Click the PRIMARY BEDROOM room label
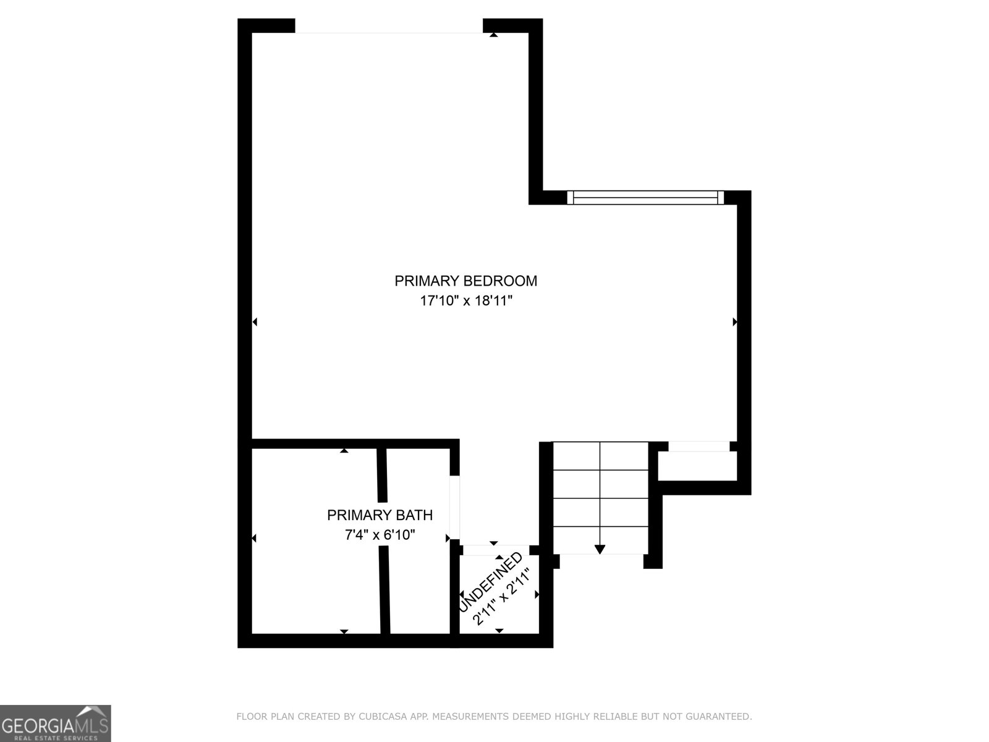465,281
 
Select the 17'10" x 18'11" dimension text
467,301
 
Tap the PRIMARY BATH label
380,515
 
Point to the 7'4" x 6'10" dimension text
380,535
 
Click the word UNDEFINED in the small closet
491,581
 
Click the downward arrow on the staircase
600,548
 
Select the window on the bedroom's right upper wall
645,197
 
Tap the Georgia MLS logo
55,723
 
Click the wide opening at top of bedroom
388,26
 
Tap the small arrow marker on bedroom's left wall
255,322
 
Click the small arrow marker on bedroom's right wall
734,322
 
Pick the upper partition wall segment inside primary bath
382,475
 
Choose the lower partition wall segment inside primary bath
384,591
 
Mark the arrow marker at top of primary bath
344,451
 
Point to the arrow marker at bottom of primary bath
344,631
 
